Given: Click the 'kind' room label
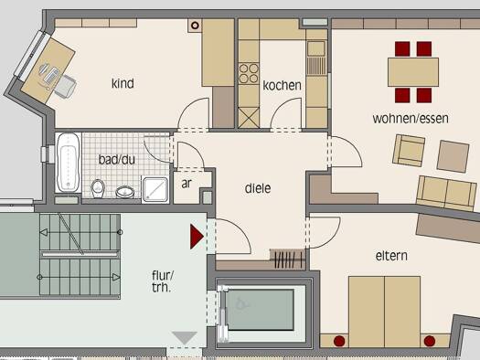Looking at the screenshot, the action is coord(123,83).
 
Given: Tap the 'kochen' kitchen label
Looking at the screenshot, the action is coord(282,85).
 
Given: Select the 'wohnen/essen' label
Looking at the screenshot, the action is coord(411,119).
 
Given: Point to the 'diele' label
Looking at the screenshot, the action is coord(258,188).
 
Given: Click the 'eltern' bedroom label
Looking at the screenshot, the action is coord(391,256).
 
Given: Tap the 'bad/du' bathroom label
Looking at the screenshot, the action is coord(117,159).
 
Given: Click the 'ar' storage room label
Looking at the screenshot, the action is coord(187,184).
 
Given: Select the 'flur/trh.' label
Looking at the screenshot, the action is coord(163,281).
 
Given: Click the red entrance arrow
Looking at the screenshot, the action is coord(197,237).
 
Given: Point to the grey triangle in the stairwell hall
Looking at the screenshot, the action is coord(185,338).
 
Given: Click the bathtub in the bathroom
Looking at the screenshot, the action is coord(69,163).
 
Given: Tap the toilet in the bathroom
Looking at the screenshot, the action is coord(98,188).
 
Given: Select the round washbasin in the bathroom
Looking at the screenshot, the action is coord(125,192).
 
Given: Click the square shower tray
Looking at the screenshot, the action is coord(155,190).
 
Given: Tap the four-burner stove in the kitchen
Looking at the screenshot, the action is coord(249,73).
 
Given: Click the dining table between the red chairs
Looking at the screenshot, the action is coord(413,72).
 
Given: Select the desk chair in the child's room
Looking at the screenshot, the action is coord(65,87).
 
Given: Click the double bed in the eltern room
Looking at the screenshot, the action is coord(385,312).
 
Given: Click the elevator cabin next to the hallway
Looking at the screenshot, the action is coord(260,310).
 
